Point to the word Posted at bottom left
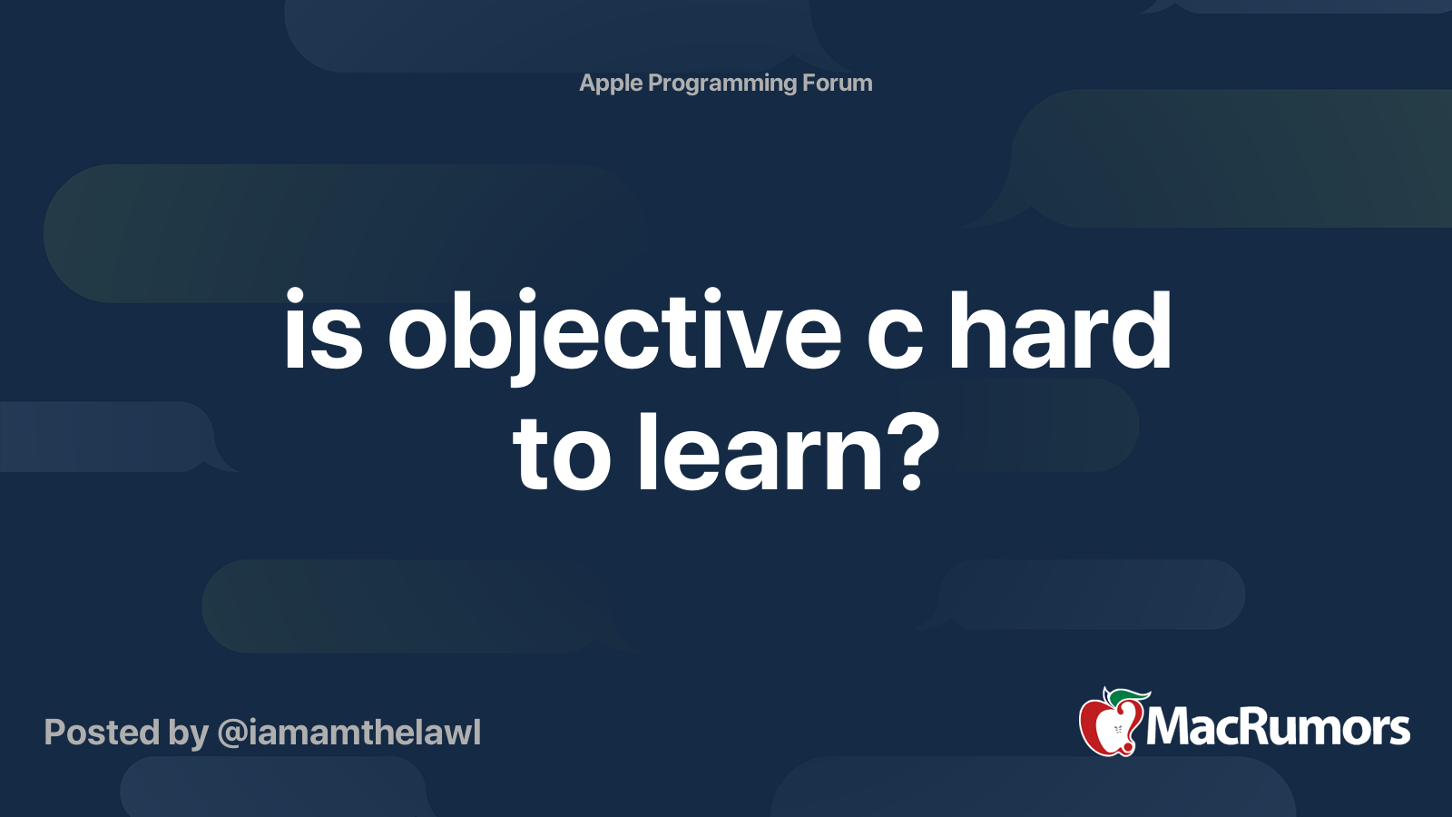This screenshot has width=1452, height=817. click(x=102, y=733)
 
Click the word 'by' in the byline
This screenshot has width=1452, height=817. click(x=188, y=735)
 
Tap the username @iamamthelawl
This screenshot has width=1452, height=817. click(x=348, y=733)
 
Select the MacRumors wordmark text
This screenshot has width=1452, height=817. click(x=1278, y=728)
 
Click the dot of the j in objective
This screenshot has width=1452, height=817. click(x=525, y=296)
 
